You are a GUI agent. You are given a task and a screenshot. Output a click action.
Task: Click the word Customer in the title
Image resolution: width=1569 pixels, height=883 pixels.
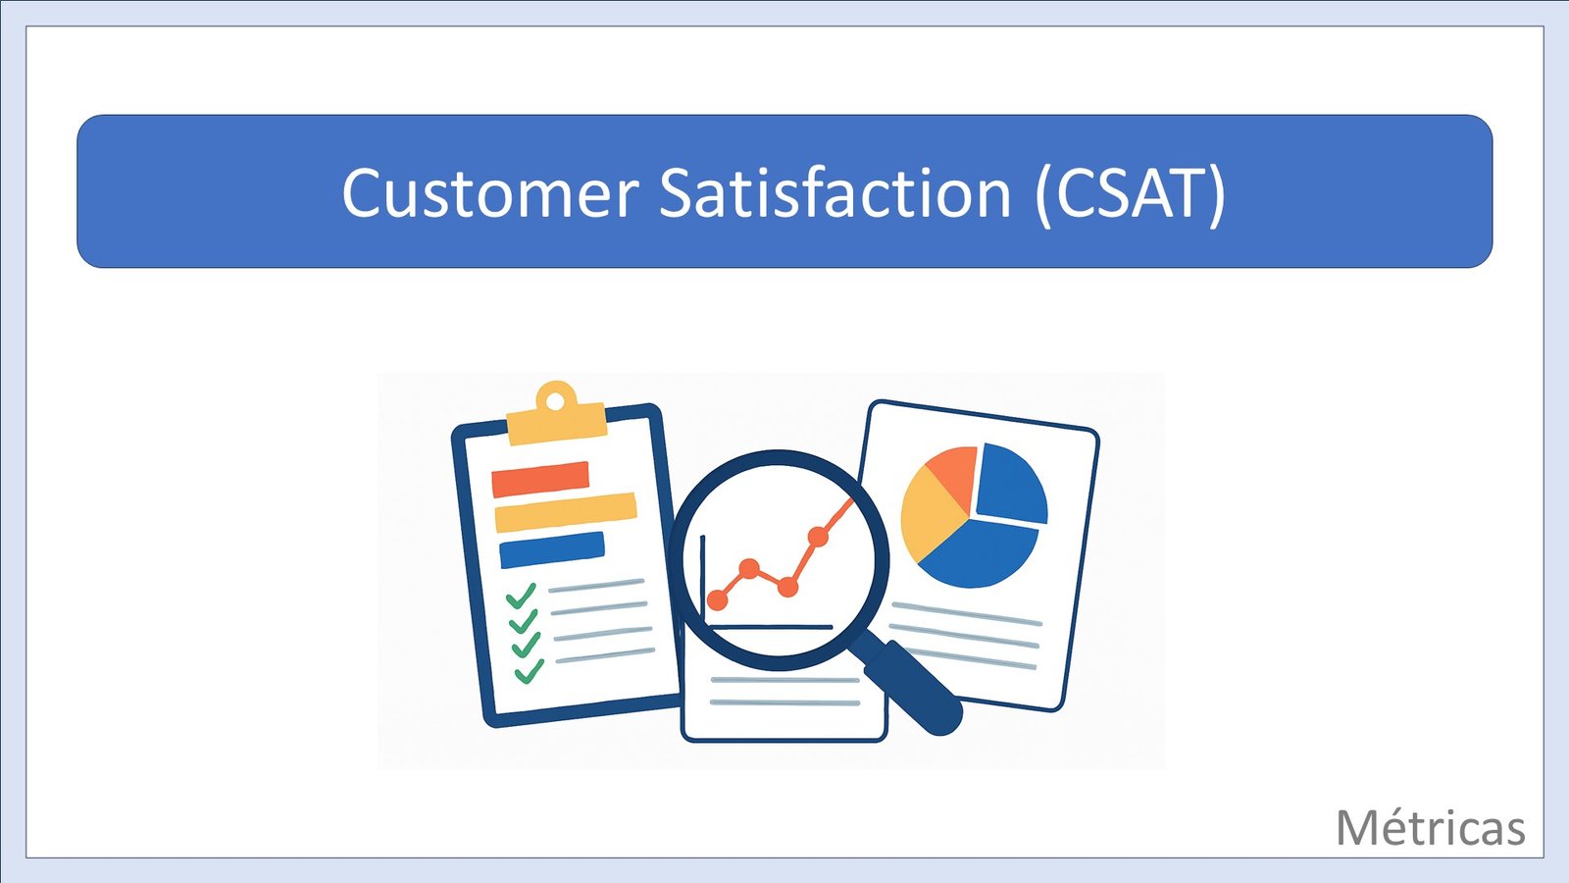pos(490,192)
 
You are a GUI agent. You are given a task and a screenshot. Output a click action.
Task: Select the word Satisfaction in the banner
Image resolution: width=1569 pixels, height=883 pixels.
pos(835,191)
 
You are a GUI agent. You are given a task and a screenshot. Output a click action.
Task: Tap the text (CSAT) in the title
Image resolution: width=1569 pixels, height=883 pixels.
pos(1130,195)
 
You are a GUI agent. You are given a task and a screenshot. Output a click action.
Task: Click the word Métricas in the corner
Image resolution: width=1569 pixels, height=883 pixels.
pos(1431,828)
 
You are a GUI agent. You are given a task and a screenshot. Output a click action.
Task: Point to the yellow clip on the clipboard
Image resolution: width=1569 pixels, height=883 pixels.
pos(556,416)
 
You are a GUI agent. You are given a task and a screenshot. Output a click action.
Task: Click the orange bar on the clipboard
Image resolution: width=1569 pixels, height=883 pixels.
pos(540,480)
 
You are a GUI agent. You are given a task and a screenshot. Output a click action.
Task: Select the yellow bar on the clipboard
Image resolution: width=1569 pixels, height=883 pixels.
pos(565,512)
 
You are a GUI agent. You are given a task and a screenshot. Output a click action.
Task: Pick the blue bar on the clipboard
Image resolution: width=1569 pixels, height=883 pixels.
pos(552,550)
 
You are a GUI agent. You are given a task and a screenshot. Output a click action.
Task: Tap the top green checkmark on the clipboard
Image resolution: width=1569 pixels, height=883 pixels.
pos(521,597)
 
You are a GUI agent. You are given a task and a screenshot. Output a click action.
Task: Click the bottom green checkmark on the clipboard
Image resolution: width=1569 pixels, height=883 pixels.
pos(530,671)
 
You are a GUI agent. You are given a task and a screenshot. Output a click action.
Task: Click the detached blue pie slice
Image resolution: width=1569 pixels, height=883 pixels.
pos(1012,484)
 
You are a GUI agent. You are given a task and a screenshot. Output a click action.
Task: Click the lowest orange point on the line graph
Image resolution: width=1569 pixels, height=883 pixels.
pos(717,599)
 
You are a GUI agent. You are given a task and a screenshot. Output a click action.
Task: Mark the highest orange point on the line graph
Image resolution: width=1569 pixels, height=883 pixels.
pos(818,537)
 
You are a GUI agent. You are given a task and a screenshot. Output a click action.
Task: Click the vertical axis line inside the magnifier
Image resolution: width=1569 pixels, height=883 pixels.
pos(703,580)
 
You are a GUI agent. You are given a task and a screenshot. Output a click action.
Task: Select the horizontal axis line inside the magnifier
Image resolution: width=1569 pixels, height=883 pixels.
pos(770,627)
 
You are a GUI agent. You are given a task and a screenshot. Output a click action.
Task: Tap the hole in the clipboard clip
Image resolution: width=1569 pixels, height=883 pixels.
pos(555,401)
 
